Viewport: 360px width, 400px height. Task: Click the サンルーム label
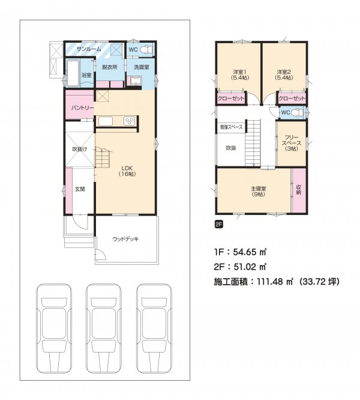pyautogui.click(x=89, y=49)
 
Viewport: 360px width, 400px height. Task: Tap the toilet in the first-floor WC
pyautogui.click(x=146, y=49)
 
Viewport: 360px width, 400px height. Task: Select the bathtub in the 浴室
pyautogui.click(x=73, y=73)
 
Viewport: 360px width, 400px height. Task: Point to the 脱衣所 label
pyautogui.click(x=110, y=67)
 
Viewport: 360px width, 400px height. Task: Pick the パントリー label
pyautogui.click(x=82, y=108)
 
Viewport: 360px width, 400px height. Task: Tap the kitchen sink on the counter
pyautogui.click(x=106, y=121)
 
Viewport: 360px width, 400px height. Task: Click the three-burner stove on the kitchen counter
pyautogui.click(x=129, y=121)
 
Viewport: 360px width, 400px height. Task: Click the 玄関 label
pyautogui.click(x=80, y=189)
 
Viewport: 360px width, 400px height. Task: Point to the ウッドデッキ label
pyautogui.click(x=125, y=239)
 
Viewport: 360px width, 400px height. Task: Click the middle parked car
pyautogui.click(x=103, y=329)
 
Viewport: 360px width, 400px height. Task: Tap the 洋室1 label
pyautogui.click(x=240, y=72)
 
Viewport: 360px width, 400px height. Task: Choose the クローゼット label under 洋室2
pyautogui.click(x=292, y=98)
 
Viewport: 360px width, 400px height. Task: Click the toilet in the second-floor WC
pyautogui.click(x=298, y=112)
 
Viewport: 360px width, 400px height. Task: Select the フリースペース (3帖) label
pyautogui.click(x=292, y=143)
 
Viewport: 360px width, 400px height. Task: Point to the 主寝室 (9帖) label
pyautogui.click(x=259, y=192)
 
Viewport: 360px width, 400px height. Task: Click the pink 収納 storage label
pyautogui.click(x=299, y=190)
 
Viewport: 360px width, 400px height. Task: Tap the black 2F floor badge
pyautogui.click(x=219, y=225)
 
